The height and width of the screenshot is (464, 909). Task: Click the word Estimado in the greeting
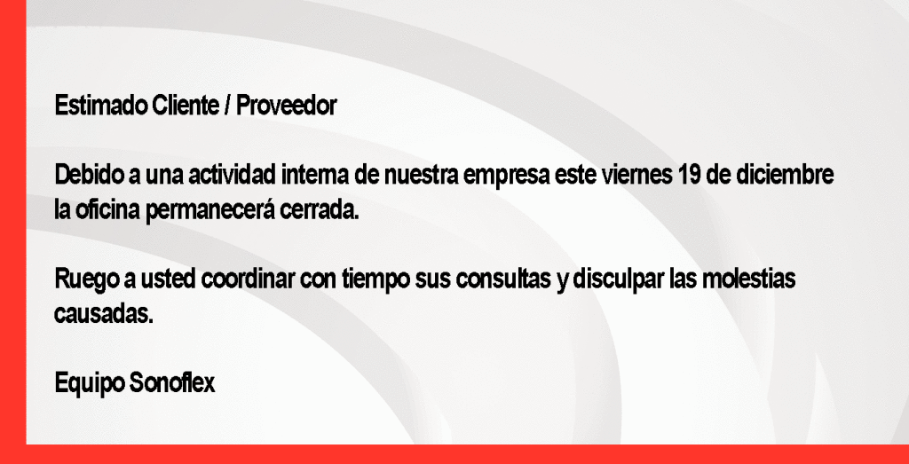101,106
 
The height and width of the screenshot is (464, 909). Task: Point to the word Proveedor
287,106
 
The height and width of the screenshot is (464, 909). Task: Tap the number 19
689,175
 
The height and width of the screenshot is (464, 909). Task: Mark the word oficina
107,209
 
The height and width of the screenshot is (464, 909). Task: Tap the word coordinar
249,279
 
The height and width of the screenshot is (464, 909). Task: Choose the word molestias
748,279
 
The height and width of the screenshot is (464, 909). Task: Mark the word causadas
104,314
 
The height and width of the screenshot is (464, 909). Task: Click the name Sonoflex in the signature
171,383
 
